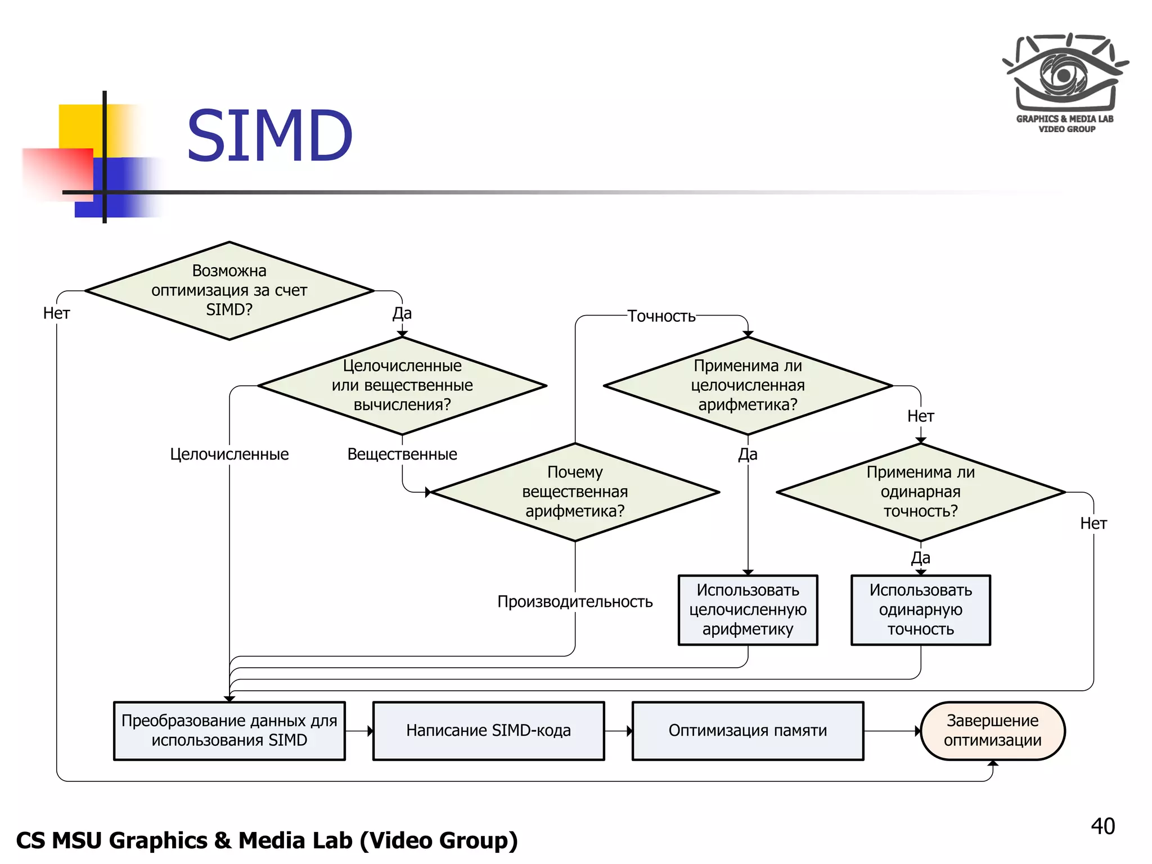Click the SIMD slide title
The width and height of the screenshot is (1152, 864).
[269, 137]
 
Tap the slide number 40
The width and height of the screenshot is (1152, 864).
[1102, 826]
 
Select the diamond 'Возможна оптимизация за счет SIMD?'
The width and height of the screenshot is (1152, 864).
[229, 291]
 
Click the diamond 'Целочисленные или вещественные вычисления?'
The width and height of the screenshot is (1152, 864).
[402, 386]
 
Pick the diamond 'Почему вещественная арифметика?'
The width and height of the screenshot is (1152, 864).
[574, 492]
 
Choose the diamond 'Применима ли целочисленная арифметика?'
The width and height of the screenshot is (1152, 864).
[748, 386]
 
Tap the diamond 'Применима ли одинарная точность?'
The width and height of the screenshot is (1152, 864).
[920, 492]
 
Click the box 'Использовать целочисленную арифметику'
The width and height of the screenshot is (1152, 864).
[748, 610]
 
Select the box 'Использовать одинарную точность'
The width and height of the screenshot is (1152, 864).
[920, 610]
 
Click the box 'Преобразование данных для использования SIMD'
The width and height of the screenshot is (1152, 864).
[229, 731]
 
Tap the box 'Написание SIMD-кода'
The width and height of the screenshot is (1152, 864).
[488, 731]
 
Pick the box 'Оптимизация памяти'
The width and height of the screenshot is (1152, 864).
[748, 731]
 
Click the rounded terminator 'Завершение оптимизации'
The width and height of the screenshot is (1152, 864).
[992, 731]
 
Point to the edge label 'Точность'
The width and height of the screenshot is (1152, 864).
[661, 316]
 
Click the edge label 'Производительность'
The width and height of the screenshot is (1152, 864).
[574, 602]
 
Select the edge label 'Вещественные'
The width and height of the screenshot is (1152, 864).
[402, 454]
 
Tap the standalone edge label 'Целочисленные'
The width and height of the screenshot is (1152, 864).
[229, 454]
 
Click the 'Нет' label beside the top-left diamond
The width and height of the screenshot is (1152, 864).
[56, 313]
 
